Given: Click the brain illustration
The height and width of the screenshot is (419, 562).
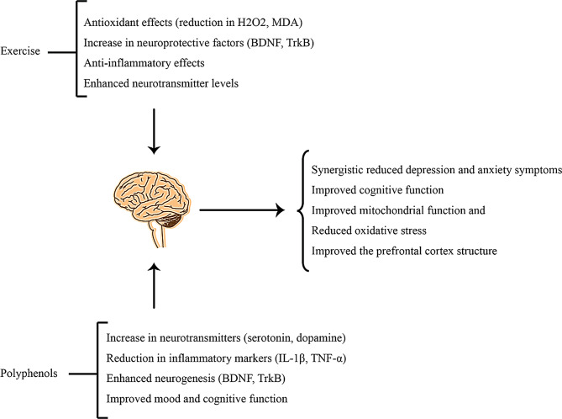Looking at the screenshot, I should click(151, 203).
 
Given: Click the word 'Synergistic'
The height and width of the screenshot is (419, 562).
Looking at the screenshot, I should click(340, 172).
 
